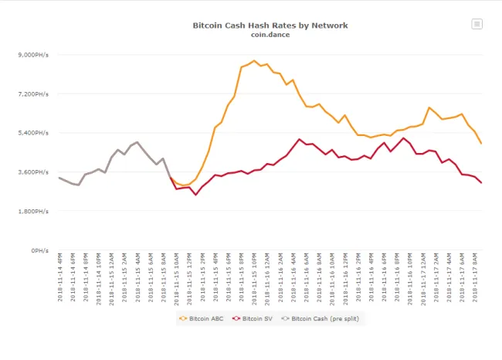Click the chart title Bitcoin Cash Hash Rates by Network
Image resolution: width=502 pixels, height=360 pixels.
(x=270, y=25)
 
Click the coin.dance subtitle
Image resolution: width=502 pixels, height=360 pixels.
(x=270, y=34)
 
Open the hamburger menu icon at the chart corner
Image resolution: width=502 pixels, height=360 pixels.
(x=477, y=24)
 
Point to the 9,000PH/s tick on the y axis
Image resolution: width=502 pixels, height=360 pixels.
(x=34, y=55)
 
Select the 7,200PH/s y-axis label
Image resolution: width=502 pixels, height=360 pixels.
(x=34, y=94)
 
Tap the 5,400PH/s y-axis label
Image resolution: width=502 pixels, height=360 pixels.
(x=34, y=133)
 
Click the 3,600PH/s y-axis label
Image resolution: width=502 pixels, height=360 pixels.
(x=34, y=172)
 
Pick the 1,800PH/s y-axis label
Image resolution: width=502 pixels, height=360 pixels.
(x=34, y=212)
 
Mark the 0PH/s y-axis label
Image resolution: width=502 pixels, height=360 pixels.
(x=41, y=250)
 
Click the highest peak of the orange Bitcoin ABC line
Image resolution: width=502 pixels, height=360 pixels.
(x=254, y=60)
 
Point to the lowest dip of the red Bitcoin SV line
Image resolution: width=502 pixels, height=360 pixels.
(x=195, y=195)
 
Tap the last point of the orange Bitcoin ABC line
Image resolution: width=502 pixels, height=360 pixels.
(x=481, y=144)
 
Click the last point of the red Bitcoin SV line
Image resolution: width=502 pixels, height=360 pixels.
(x=481, y=183)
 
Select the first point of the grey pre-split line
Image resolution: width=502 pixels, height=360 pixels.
(x=59, y=178)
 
